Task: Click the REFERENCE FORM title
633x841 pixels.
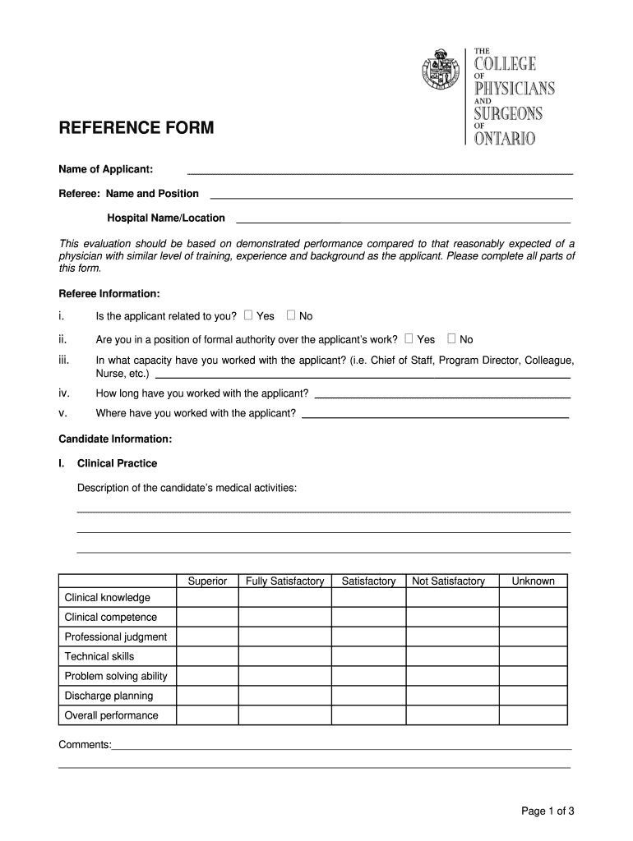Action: click(136, 128)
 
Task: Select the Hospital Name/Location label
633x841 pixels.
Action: click(166, 218)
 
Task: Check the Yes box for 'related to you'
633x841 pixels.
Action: click(249, 315)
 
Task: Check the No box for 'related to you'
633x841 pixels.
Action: click(291, 315)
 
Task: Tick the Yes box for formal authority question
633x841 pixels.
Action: click(409, 338)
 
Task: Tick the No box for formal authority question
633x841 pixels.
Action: click(451, 338)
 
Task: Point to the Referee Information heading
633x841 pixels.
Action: click(109, 293)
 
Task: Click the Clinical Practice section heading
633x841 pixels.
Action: click(117, 463)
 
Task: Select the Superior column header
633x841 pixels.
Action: click(207, 581)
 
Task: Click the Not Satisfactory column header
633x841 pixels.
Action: click(448, 581)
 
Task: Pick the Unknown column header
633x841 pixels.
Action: click(533, 581)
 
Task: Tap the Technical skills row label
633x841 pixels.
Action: click(99, 656)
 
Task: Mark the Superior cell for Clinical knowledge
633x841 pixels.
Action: click(207, 598)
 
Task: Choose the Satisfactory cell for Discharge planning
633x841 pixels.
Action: click(368, 696)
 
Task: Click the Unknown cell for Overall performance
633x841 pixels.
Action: click(533, 715)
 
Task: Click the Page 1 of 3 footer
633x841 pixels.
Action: click(547, 811)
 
